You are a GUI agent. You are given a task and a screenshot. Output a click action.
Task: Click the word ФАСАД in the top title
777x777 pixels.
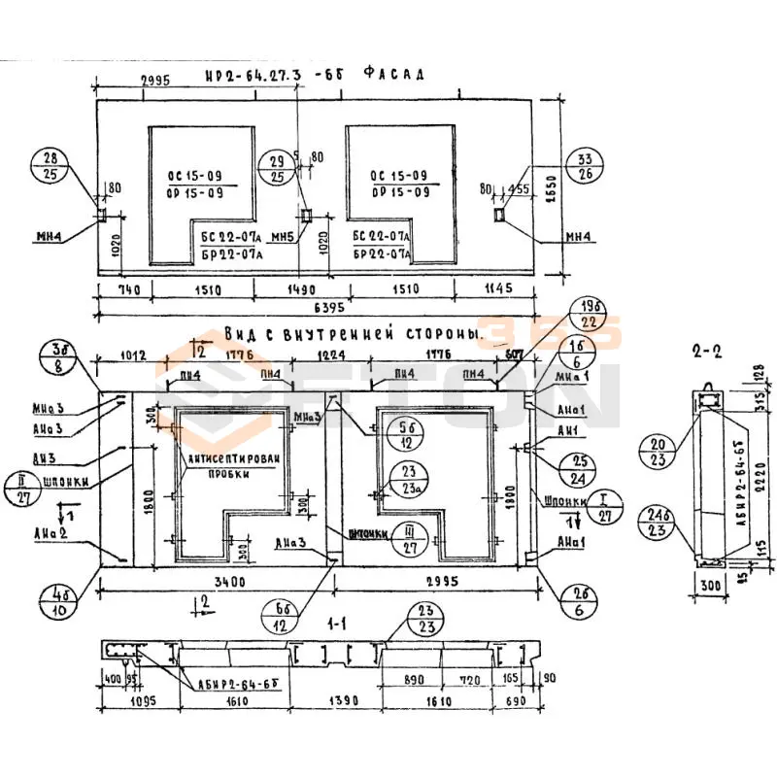(x=393, y=74)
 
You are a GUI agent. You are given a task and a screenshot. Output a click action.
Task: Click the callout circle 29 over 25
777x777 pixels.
(x=277, y=168)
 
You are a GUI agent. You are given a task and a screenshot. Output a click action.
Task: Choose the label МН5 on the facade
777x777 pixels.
(x=281, y=237)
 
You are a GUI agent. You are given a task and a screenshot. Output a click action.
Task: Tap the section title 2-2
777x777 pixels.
(x=707, y=352)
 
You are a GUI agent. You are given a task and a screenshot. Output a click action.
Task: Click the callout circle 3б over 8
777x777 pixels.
(x=59, y=357)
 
